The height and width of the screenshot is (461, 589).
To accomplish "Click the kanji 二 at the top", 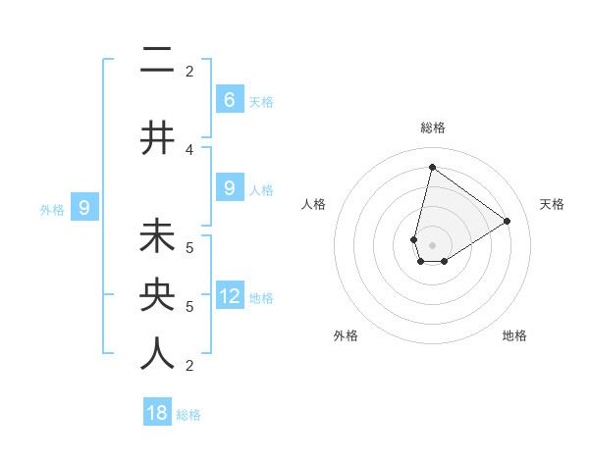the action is point(157,61).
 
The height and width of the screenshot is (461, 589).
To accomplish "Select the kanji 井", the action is point(157,137).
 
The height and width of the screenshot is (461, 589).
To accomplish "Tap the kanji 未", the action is point(157,238).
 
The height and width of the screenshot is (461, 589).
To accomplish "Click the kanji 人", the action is point(157,353).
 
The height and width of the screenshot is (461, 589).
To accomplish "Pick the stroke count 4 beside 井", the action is point(189,149).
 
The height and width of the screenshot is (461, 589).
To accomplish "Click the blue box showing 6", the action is point(229,99).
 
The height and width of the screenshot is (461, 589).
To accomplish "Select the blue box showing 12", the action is point(230,297).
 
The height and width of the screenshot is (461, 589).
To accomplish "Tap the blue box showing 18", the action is point(157,413).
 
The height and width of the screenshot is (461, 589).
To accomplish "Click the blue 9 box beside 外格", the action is point(84,207).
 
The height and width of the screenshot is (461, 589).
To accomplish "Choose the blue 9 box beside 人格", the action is point(229,188).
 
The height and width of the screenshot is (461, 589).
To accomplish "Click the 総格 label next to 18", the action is point(188,414).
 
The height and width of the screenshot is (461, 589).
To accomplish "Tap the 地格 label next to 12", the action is point(261,298).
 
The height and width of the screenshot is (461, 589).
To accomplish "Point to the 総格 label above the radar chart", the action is point(432,128).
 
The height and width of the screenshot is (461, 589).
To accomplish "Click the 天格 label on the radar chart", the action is point(552,204).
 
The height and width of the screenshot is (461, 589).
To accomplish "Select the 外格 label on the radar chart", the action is point(346,335).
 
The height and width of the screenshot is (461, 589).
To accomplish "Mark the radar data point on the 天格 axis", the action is point(508,221).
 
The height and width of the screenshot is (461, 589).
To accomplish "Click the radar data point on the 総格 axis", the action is point(432,167).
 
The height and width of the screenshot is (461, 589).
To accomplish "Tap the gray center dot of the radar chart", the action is point(432,245).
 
